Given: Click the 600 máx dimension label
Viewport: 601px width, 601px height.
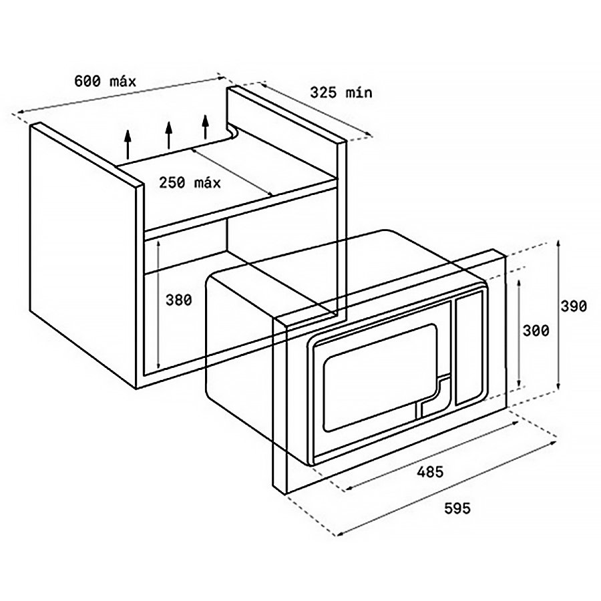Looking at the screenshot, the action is click(105, 81).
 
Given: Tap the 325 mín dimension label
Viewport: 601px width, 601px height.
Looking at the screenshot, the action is click(341, 92).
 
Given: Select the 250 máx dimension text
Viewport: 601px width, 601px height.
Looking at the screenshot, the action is click(190, 182).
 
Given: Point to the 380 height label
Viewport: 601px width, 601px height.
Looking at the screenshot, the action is click(178, 300).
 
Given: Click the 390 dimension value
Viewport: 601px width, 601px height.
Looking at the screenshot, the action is click(574, 306).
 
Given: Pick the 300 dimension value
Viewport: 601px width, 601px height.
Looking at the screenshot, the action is click(536, 331).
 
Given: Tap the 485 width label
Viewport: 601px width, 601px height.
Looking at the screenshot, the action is click(430, 472).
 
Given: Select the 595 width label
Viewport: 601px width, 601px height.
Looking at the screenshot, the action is click(457, 508).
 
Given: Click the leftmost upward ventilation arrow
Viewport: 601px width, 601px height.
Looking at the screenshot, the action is click(128, 144).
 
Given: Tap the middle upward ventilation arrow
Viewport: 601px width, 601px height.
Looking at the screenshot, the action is click(168, 135).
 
